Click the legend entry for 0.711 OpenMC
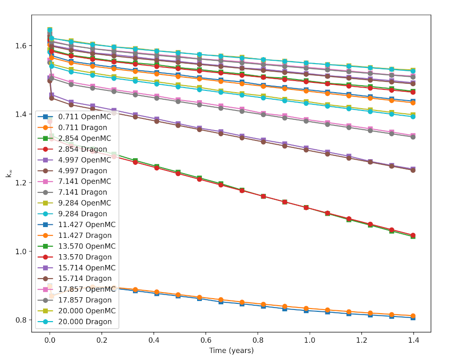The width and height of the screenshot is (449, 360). [x=84, y=117]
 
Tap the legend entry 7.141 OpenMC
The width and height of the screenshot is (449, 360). [x=84, y=182]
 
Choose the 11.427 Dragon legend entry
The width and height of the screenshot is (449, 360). [x=84, y=235]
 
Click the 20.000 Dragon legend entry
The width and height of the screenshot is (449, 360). [x=85, y=322]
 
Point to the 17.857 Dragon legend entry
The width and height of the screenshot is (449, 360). [x=85, y=300]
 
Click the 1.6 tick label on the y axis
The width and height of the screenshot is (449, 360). [x=22, y=46]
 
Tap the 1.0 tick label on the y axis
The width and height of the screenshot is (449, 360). [x=22, y=251]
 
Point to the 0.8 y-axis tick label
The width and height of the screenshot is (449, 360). [x=22, y=320]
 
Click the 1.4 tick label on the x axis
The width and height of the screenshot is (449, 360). [x=413, y=340]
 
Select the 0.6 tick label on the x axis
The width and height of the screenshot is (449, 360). [x=258, y=340]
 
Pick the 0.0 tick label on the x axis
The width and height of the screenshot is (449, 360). [x=50, y=340]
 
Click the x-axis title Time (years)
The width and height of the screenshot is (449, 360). [x=231, y=350]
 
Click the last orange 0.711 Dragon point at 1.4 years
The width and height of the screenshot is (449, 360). [x=412, y=316]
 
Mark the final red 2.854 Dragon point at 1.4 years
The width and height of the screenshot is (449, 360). [x=412, y=235]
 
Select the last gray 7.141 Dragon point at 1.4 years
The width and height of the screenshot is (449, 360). [x=412, y=137]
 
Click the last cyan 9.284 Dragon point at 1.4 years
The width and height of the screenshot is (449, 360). [x=412, y=116]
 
